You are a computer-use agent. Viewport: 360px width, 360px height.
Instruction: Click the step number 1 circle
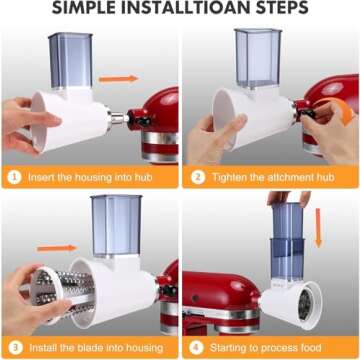15,177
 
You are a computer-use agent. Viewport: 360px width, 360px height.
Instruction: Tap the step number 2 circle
198,177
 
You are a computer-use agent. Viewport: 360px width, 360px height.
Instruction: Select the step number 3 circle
15,348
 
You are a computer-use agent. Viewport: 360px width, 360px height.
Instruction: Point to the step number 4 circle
196,348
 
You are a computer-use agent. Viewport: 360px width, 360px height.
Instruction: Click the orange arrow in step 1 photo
118,79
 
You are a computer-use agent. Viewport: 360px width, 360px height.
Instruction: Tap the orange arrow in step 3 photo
57,248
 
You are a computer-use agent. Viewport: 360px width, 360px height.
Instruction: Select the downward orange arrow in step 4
318,228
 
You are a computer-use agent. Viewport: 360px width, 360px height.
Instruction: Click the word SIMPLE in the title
84,8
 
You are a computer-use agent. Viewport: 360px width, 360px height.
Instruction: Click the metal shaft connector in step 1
118,118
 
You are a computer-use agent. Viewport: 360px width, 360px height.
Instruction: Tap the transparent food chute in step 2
258,58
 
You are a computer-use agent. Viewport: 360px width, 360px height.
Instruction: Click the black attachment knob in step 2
306,114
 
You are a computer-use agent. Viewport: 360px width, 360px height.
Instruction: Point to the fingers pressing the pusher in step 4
289,197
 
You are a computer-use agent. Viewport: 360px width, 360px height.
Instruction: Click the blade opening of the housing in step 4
305,304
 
